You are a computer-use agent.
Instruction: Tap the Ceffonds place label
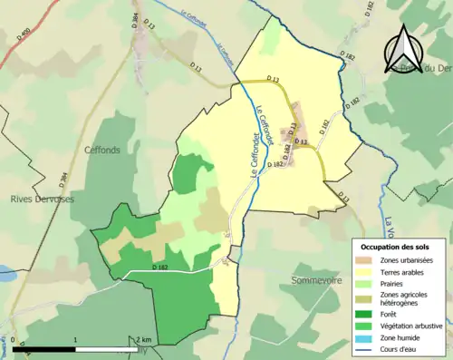pos(101,150)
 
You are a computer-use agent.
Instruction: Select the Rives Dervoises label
pos(41,199)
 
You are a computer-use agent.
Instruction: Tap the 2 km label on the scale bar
pos(142,340)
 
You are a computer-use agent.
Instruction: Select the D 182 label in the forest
pos(161,268)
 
